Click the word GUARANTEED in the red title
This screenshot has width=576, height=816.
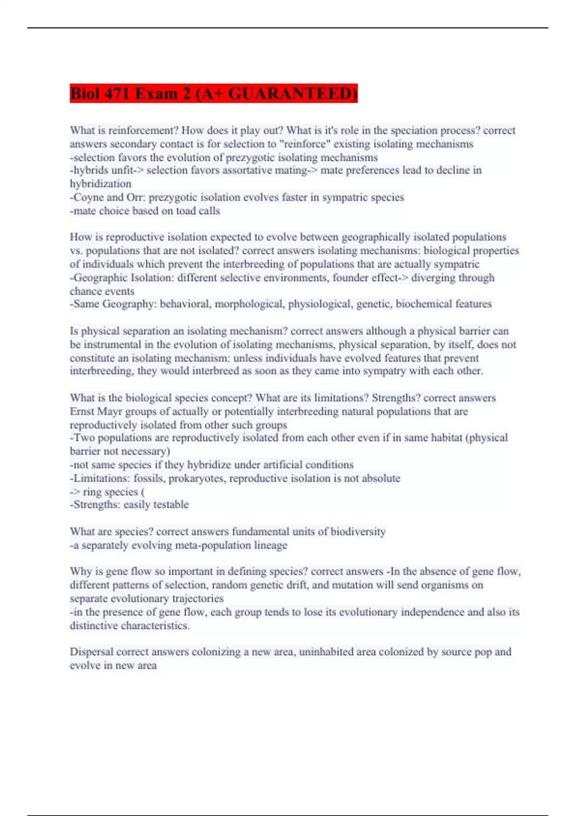coord(292,93)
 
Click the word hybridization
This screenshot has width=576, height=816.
coord(100,184)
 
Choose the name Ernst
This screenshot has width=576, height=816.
coord(82,412)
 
